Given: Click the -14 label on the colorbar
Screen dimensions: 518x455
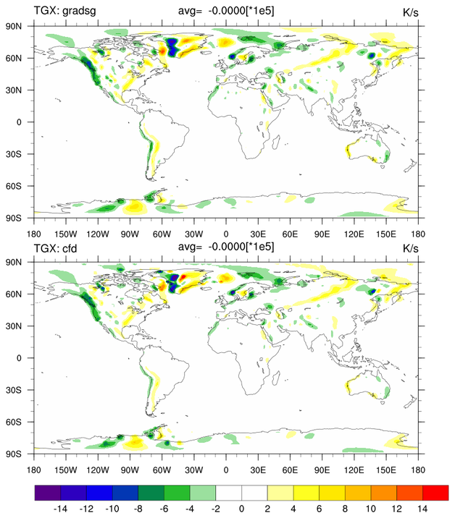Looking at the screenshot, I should (61, 509).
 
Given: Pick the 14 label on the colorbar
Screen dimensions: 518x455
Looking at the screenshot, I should (422, 509).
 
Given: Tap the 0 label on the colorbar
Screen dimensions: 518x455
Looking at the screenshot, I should (242, 509).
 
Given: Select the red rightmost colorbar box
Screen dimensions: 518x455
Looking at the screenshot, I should (435, 492).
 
